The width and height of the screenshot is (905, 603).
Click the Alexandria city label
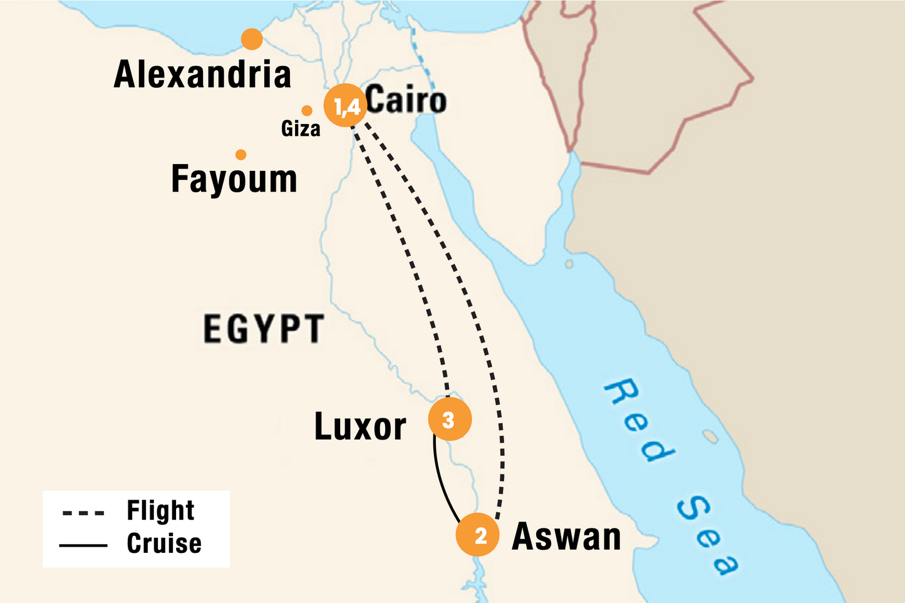202,75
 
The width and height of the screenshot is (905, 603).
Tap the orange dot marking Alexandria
252,39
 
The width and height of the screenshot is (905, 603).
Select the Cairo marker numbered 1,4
345,106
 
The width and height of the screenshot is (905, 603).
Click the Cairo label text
406,100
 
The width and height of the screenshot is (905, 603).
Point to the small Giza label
301,129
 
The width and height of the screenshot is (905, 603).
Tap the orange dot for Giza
307,111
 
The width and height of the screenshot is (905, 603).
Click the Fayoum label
234,179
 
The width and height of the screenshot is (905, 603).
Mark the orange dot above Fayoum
240,155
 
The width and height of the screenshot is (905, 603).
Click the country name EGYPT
263,329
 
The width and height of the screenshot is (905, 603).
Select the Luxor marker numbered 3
449,419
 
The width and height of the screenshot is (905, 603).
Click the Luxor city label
360,427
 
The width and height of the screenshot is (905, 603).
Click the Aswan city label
566,537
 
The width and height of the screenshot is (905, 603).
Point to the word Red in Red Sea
639,420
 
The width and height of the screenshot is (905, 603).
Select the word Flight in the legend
160,510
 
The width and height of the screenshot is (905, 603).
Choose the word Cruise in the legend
164,543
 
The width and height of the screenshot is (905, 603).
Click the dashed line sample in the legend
83,513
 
